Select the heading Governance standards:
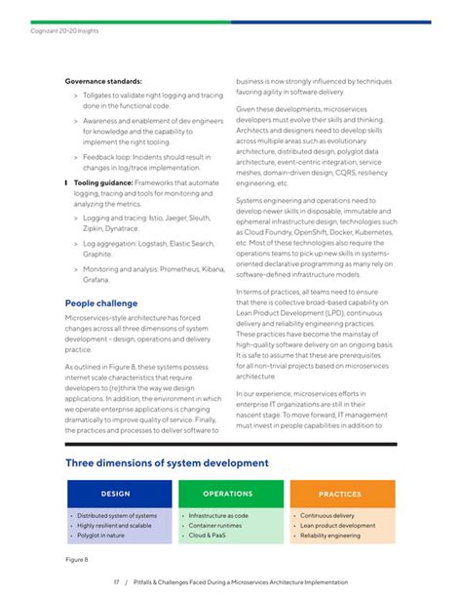[103, 80]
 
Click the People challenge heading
[100, 303]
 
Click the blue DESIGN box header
[115, 495]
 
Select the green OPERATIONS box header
[227, 495]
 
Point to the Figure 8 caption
[77, 559]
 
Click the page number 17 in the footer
[115, 582]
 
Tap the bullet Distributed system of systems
[117, 515]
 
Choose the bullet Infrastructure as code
[218, 515]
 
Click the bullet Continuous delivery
[327, 515]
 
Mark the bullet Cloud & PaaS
[208, 536]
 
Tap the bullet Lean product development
[337, 526]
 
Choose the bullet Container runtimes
[214, 526]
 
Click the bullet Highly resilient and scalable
[115, 526]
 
